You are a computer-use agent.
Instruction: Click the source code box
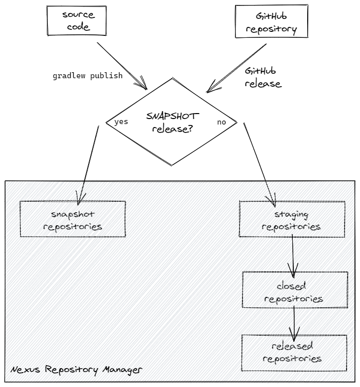pos(78,21)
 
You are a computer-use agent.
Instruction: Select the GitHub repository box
pos(271,23)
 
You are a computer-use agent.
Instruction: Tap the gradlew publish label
pos(88,76)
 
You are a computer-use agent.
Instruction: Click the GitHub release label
pos(262,77)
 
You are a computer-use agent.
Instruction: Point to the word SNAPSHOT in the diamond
pos(172,116)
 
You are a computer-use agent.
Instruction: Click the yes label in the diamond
pos(121,122)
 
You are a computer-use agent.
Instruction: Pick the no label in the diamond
pos(222,122)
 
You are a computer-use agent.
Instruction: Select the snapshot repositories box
pos(73,219)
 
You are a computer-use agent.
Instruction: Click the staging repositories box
pos(291,220)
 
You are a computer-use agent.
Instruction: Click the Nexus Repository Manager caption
pos(76,370)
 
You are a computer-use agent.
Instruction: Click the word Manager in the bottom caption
pos(123,370)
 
